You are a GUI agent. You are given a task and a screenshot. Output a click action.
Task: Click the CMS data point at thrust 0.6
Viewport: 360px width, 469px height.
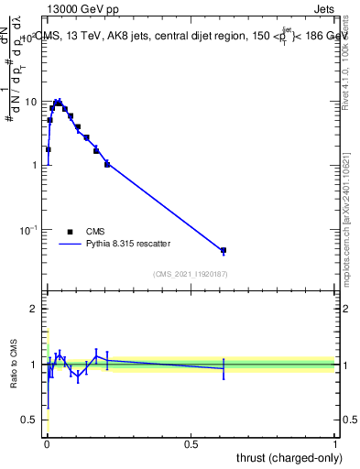click(x=224, y=250)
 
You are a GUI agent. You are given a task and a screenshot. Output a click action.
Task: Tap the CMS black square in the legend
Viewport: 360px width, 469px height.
click(x=70, y=232)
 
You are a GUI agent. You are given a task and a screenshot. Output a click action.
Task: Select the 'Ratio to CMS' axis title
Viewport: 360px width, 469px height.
click(x=12, y=364)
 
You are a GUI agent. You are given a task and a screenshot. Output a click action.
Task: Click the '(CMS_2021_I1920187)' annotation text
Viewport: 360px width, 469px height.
click(x=191, y=273)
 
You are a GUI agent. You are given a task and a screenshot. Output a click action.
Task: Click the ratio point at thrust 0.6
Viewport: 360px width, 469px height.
click(x=224, y=368)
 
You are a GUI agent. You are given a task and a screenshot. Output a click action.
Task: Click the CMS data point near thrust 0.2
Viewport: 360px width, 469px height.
click(x=107, y=164)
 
